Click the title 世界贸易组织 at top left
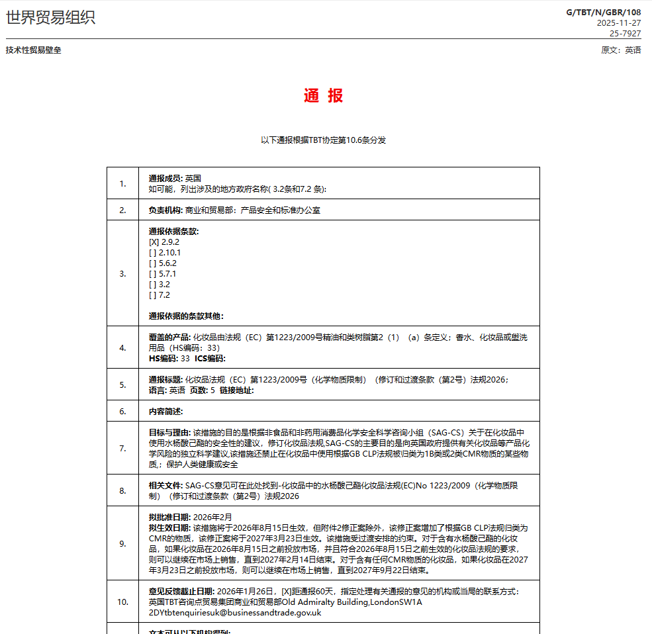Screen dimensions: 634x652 [x=51, y=18]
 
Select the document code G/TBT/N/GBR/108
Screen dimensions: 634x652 [x=603, y=12]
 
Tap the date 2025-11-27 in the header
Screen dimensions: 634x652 [x=618, y=23]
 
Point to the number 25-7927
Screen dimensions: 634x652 [x=625, y=33]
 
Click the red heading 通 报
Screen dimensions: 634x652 [x=324, y=96]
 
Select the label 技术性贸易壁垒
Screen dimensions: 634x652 [x=33, y=50]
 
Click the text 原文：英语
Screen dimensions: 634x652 [x=620, y=50]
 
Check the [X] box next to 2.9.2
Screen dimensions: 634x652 [x=154, y=242]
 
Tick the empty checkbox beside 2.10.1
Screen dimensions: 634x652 [x=153, y=253]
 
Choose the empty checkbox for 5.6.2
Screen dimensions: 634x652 [x=153, y=263]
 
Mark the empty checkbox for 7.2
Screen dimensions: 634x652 [x=153, y=295]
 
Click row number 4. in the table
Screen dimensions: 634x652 [x=122, y=347]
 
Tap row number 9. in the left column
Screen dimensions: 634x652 [x=122, y=543]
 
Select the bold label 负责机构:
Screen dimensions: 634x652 [x=165, y=210]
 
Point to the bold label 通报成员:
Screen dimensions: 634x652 [x=165, y=179]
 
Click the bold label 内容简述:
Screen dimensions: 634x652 [x=165, y=412]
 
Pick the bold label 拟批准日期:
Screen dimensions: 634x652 [x=170, y=517]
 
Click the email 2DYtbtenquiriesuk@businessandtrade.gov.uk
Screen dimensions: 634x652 [x=235, y=613]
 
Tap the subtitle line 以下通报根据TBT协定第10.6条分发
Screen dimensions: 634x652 [x=323, y=140]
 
